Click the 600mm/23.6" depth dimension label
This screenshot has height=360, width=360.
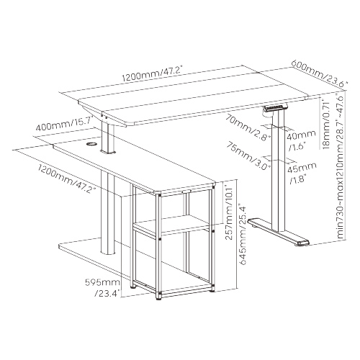(320, 73)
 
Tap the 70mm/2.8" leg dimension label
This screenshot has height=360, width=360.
(248, 127)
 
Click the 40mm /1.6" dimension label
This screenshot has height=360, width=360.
(301, 140)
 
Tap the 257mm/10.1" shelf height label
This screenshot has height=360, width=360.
(230, 210)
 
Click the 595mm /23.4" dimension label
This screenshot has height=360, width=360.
(103, 287)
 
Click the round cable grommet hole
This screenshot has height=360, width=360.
(91, 144)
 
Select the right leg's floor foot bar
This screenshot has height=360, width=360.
(279, 232)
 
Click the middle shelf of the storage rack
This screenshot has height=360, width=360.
(172, 225)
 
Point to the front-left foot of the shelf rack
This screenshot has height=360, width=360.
(158, 297)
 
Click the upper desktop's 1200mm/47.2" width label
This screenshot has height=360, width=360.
(153, 74)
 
